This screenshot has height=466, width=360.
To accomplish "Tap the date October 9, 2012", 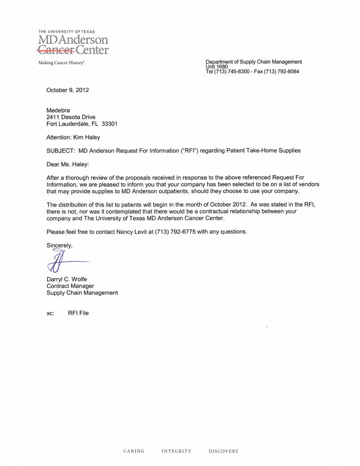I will [67, 90].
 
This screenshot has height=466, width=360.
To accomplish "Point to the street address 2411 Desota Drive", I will [71, 117].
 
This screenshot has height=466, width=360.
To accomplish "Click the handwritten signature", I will [64, 262].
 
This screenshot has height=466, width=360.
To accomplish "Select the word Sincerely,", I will [60, 245].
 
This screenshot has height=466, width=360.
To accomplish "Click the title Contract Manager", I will [70, 286].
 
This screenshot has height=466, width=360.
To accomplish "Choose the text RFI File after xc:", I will [78, 313].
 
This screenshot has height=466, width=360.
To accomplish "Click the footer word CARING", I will [134, 451].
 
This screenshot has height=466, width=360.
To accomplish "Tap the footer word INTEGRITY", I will [177, 451].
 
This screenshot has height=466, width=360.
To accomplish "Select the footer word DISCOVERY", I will [223, 451].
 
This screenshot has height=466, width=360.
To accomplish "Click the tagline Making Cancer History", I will [61, 63].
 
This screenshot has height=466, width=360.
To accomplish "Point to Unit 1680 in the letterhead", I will [217, 66].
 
